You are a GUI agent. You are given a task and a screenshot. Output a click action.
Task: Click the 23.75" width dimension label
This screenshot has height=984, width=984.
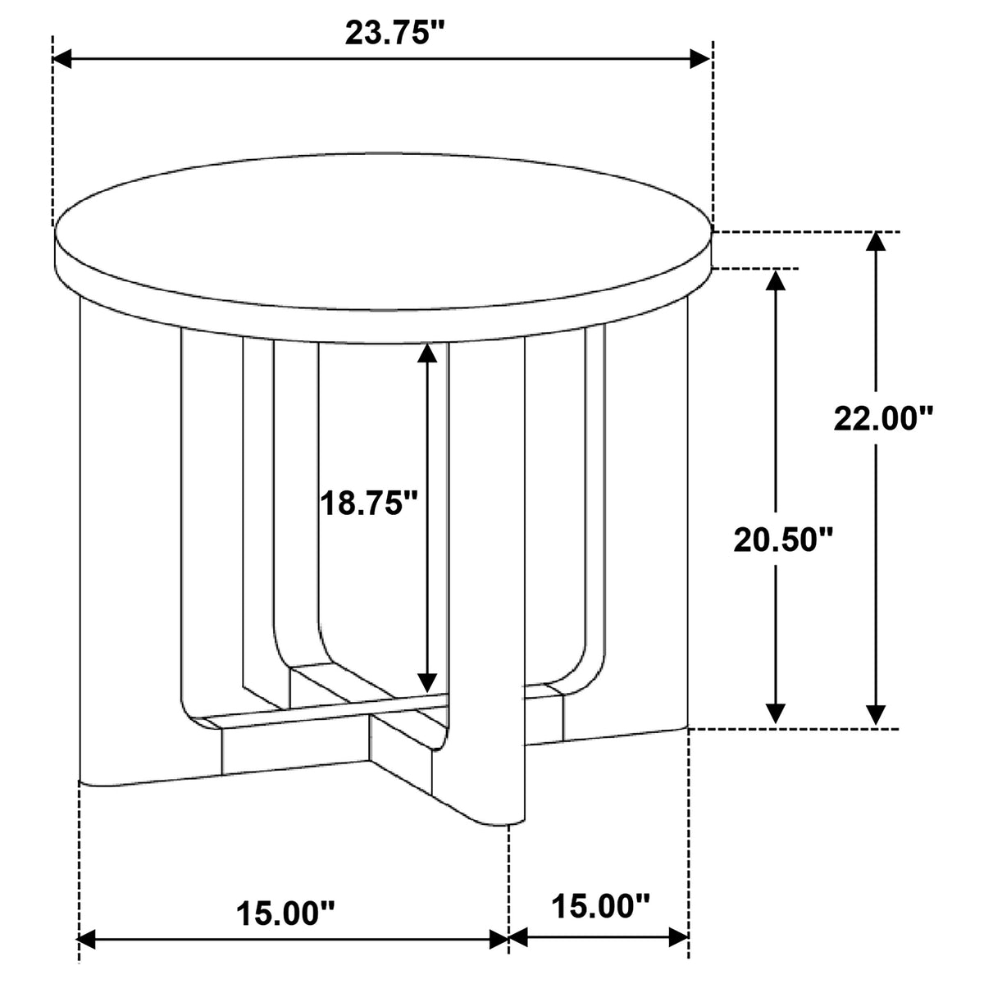coord(395,34)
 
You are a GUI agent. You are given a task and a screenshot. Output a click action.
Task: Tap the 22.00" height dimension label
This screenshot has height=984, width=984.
coord(883,419)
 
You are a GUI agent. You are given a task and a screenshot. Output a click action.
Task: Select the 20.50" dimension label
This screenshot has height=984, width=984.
coord(783,540)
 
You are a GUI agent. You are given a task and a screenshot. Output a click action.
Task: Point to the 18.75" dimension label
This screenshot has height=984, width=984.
coord(369,503)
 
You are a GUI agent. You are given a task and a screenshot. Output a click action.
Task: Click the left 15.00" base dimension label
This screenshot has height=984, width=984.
coord(285,912)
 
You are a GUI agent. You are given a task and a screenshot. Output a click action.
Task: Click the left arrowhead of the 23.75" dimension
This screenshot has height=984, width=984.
coord(62,59)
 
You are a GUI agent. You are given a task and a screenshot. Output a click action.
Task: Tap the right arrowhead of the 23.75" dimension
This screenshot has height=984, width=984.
coord(700,59)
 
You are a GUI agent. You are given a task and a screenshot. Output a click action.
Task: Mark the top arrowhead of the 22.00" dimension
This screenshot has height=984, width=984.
coord(876,242)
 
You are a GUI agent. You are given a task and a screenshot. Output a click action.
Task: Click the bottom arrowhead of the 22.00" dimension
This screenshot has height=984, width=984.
coord(876,715)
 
